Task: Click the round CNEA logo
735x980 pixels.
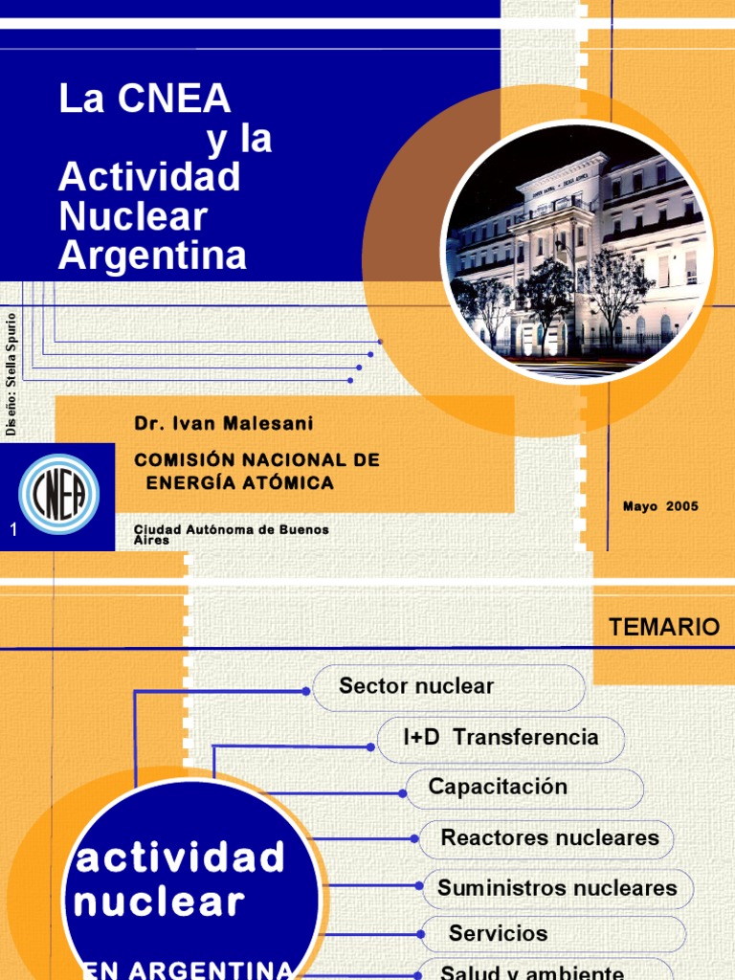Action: (x=59, y=494)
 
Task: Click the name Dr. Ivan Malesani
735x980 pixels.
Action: (x=224, y=422)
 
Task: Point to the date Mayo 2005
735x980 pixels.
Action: (x=660, y=506)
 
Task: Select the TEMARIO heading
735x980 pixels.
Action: (x=663, y=628)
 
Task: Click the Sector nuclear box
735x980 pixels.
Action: (x=448, y=686)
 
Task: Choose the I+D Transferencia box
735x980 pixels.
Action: (x=501, y=737)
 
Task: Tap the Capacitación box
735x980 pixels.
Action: (x=523, y=788)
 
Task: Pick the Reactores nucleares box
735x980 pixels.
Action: (x=547, y=838)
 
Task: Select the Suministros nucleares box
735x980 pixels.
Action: (x=557, y=888)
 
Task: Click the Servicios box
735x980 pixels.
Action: (x=553, y=933)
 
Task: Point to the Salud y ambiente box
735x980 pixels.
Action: (x=546, y=970)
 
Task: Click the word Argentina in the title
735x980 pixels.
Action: (x=153, y=256)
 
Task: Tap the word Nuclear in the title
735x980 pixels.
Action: (x=133, y=217)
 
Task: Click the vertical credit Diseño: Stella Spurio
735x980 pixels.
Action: (x=12, y=373)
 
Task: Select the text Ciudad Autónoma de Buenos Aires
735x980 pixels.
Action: (x=231, y=534)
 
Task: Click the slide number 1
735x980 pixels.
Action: (x=13, y=530)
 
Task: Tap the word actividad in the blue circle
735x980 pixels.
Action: (x=181, y=857)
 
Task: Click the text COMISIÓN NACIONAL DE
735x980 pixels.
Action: (x=256, y=460)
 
